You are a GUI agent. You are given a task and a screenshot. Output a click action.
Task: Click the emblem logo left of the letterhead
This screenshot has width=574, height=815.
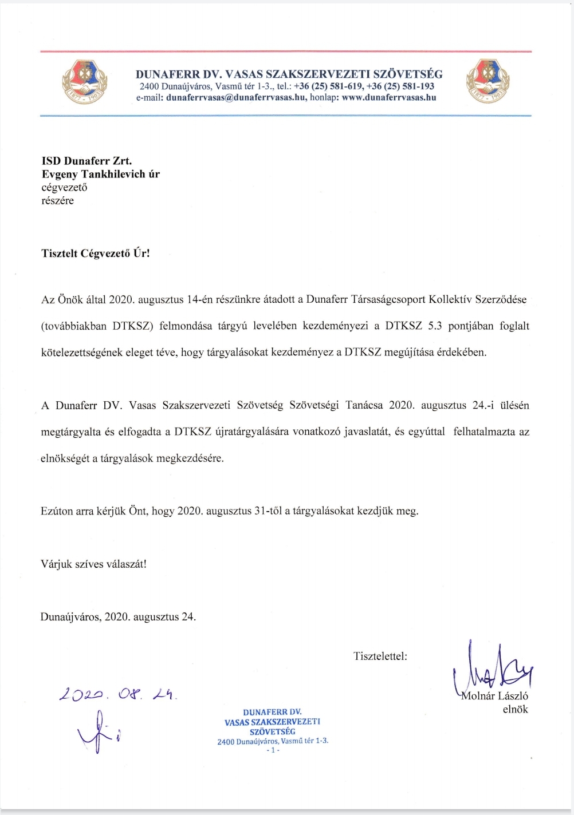coord(84,83)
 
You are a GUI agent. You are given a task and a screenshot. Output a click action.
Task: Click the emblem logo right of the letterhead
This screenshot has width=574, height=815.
coord(488,83)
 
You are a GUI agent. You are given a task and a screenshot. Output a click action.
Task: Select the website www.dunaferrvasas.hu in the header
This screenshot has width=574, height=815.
coord(389,97)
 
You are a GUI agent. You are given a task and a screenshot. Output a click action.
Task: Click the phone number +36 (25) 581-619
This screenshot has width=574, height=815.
coord(328,86)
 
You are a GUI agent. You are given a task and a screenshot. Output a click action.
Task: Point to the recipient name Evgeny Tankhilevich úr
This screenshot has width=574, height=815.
coord(100,174)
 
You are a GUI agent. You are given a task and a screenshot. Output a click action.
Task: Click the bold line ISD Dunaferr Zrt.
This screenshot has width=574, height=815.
coord(87,161)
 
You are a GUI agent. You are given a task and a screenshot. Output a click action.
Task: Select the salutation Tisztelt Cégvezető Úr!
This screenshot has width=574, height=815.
coord(96,253)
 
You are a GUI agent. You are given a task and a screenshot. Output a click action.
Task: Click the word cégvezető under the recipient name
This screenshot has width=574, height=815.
coord(64,187)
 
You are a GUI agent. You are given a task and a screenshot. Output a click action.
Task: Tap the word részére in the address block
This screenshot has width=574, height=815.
coord(57,200)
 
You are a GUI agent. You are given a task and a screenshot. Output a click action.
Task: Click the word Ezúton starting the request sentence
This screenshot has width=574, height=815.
coord(57,511)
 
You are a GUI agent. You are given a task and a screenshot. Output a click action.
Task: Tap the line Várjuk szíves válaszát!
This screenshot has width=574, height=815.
coord(93,564)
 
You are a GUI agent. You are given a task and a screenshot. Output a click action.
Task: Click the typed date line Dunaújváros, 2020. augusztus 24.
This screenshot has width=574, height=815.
coord(118,617)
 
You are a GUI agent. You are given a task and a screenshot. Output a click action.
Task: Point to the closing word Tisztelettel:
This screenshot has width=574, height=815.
coord(380,656)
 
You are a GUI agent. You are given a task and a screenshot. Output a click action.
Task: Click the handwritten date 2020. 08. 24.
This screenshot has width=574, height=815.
coord(118,694)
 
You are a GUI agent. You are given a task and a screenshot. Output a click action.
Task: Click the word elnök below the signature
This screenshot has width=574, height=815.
coord(515,709)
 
